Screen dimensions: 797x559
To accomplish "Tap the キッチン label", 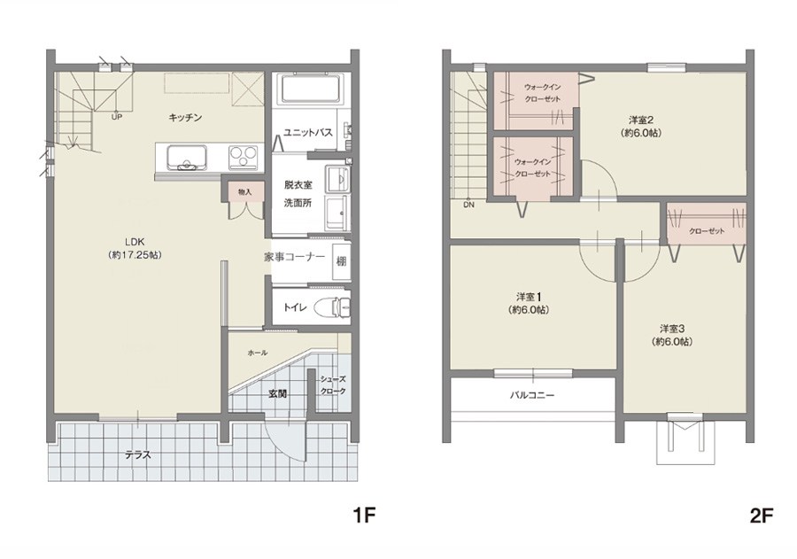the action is (186, 118).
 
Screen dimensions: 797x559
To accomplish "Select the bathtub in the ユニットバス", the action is (310, 89).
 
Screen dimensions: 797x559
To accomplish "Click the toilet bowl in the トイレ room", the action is (330, 307).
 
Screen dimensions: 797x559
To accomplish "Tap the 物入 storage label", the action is (245, 191).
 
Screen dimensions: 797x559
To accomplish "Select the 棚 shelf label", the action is (341, 261).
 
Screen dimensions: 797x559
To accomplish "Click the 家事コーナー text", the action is (294, 257).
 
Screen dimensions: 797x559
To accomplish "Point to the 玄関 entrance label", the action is (277, 393).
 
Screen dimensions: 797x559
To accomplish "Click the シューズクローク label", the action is (333, 385).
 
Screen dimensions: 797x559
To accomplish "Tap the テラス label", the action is (138, 455).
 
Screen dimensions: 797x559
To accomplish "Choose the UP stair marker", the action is (116, 117).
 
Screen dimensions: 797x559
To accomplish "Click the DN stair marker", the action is (468, 205).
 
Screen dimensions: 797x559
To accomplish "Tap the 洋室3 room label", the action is (672, 335).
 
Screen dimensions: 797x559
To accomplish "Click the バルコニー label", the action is (532, 395).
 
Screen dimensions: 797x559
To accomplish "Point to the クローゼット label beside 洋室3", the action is (707, 231).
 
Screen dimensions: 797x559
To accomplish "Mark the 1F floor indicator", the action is (364, 516).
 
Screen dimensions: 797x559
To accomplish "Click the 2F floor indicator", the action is (761, 516).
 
